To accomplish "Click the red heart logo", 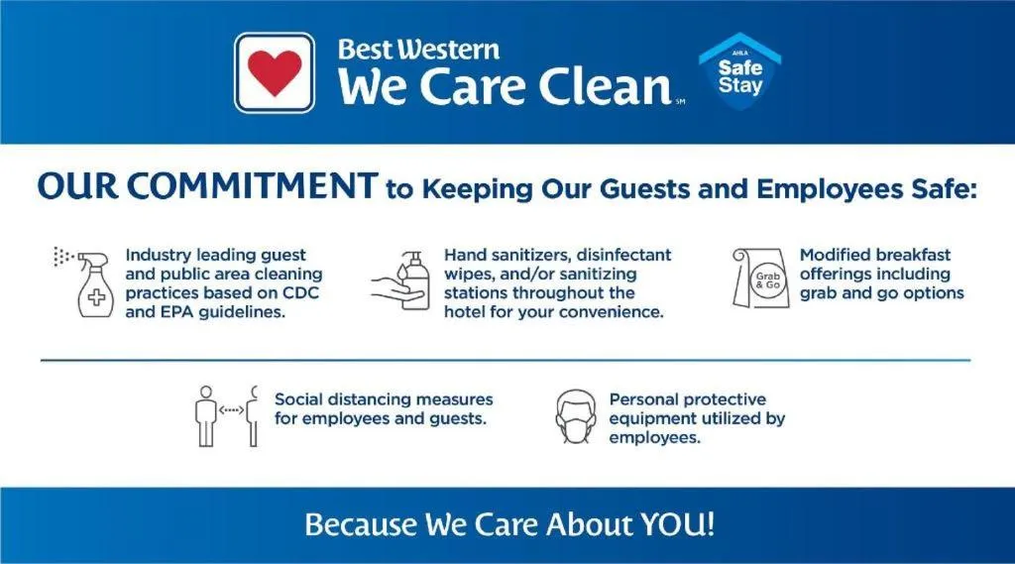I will [x=275, y=72].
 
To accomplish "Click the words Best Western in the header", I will [x=418, y=49].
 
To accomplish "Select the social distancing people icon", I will [x=226, y=415].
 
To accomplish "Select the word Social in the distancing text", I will [x=300, y=399].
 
